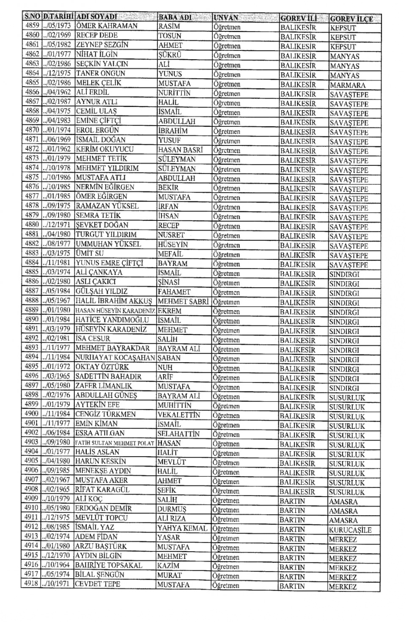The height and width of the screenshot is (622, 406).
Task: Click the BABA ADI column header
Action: (x=175, y=17)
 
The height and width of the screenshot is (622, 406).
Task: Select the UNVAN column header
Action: (x=226, y=18)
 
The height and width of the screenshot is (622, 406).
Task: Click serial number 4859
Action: (x=32, y=26)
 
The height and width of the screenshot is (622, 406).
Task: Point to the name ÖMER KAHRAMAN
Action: (x=107, y=26)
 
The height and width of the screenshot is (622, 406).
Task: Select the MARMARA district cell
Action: (x=348, y=85)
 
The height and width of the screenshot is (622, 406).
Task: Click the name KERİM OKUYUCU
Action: (x=104, y=149)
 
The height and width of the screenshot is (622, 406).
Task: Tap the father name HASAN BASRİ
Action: (x=181, y=150)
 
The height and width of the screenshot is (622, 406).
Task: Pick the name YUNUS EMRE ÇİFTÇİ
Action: (x=110, y=263)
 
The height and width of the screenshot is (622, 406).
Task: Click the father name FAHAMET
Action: (x=174, y=292)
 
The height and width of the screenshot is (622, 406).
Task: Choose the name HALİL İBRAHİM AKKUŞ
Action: (x=113, y=301)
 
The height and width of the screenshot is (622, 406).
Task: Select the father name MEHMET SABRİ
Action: (x=183, y=301)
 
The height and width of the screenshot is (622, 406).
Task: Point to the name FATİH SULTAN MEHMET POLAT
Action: (x=115, y=443)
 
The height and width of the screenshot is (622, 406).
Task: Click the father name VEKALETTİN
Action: (x=178, y=415)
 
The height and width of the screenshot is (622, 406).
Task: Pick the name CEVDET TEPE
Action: (x=98, y=584)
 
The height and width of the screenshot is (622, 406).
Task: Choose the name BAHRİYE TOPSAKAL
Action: (x=109, y=565)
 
